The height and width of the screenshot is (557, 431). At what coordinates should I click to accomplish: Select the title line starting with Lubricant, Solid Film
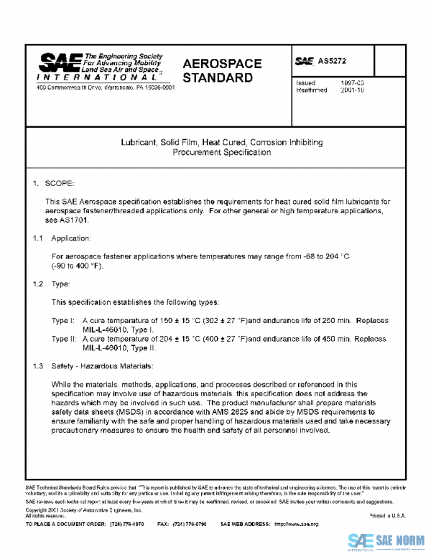[x=221, y=143]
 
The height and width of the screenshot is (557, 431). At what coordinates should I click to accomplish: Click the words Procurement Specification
[x=221, y=153]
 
